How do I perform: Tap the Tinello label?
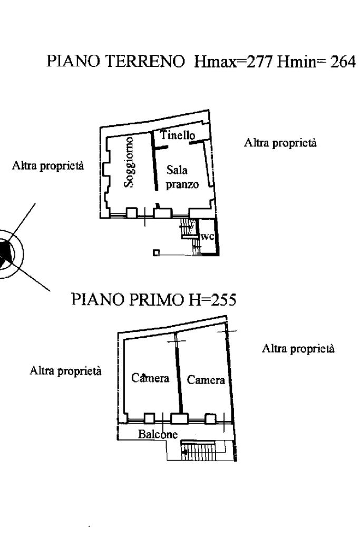click(178, 135)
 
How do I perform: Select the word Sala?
click(177, 170)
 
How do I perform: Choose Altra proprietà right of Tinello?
click(280, 143)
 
